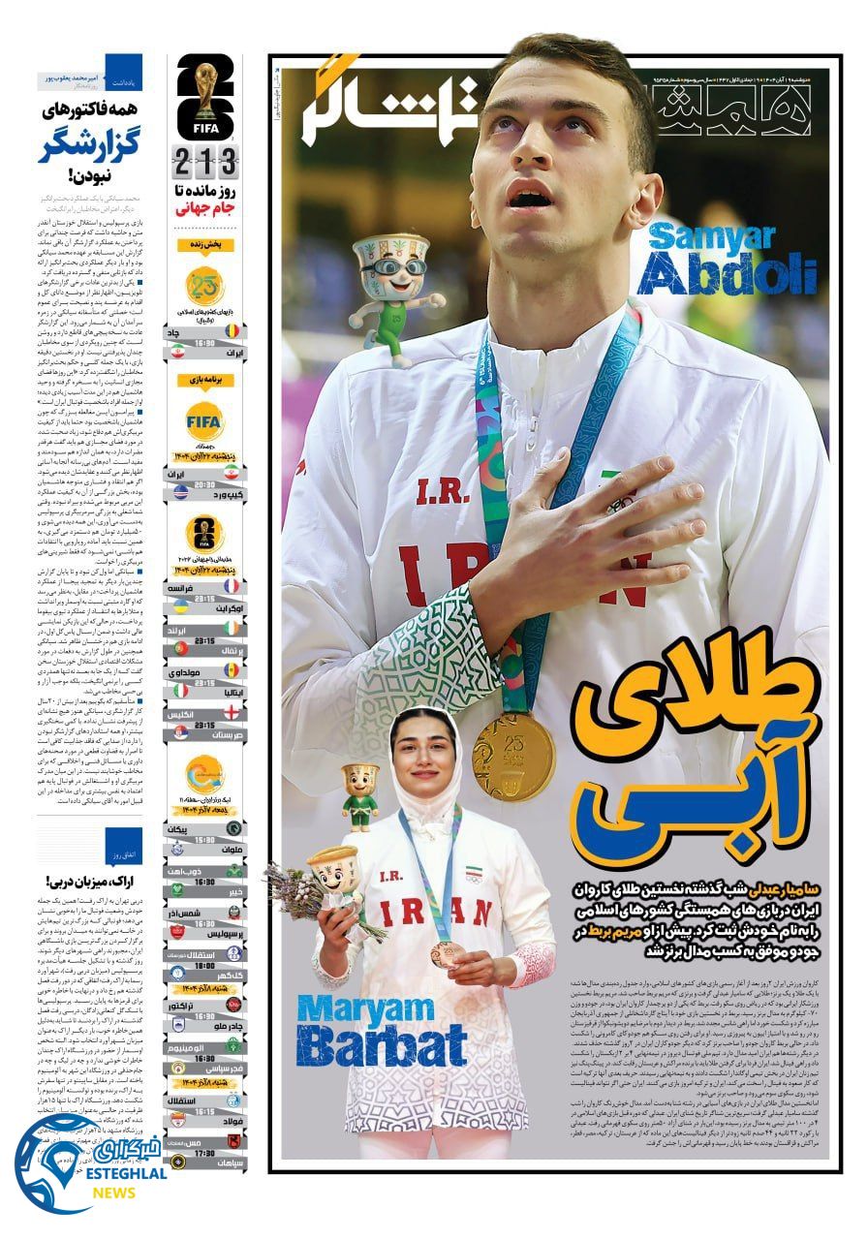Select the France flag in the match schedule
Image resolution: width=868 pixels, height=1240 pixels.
pyautogui.click(x=230, y=587)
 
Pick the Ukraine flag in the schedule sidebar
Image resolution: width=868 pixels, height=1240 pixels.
pyautogui.click(x=178, y=608)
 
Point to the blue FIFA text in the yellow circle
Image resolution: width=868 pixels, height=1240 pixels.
pyautogui.click(x=204, y=420)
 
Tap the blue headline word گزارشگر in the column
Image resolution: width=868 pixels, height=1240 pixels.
pyautogui.click(x=90, y=146)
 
